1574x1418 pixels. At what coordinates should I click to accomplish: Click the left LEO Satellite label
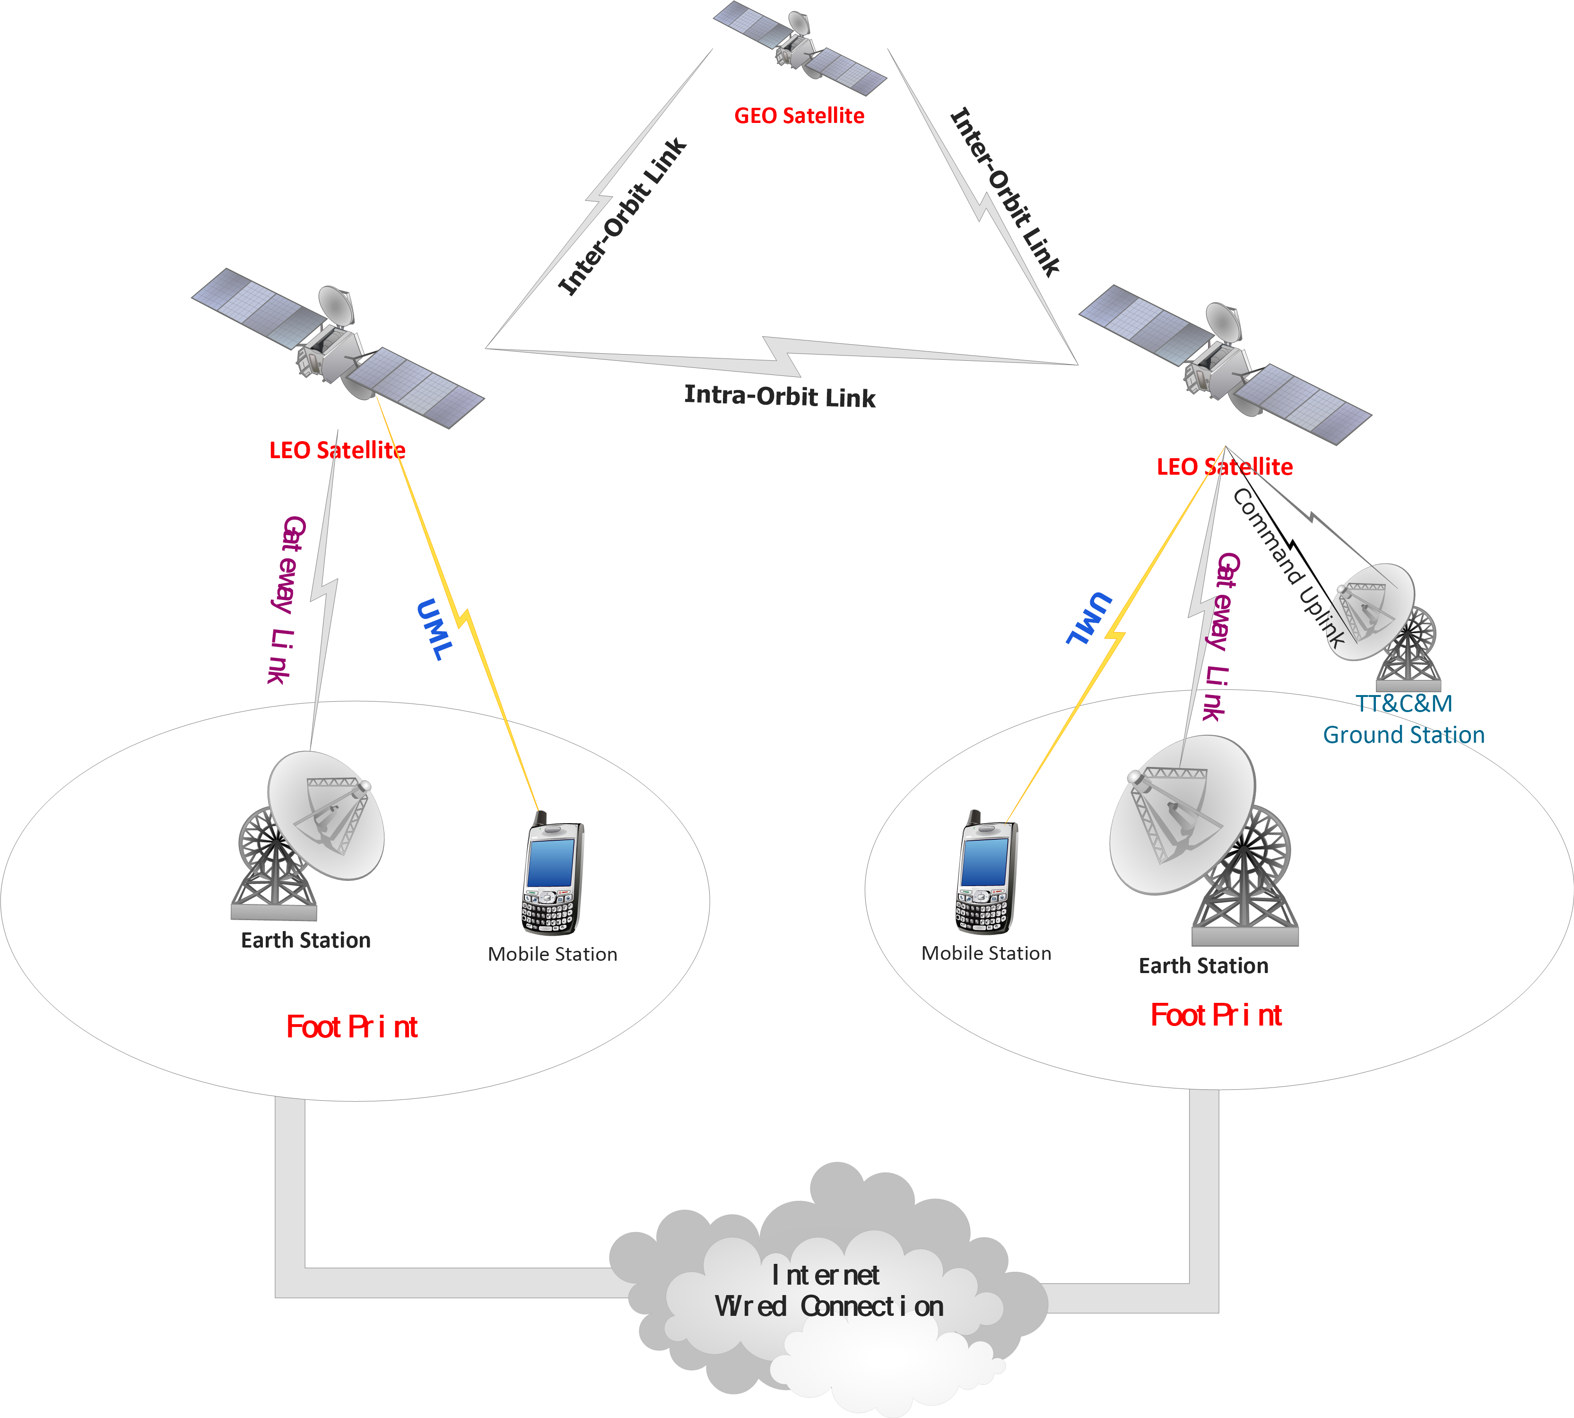point(337,450)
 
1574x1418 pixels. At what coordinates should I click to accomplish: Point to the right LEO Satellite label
point(1224,467)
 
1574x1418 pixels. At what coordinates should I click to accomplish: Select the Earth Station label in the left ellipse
point(305,940)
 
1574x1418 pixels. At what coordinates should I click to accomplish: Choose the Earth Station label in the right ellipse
point(1203,966)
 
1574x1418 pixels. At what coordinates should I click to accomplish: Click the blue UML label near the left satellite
point(434,629)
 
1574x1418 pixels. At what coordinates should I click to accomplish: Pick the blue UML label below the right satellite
point(1088,618)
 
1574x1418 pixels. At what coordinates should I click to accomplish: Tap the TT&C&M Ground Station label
point(1403,719)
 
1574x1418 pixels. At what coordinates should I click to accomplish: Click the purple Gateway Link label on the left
point(286,600)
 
